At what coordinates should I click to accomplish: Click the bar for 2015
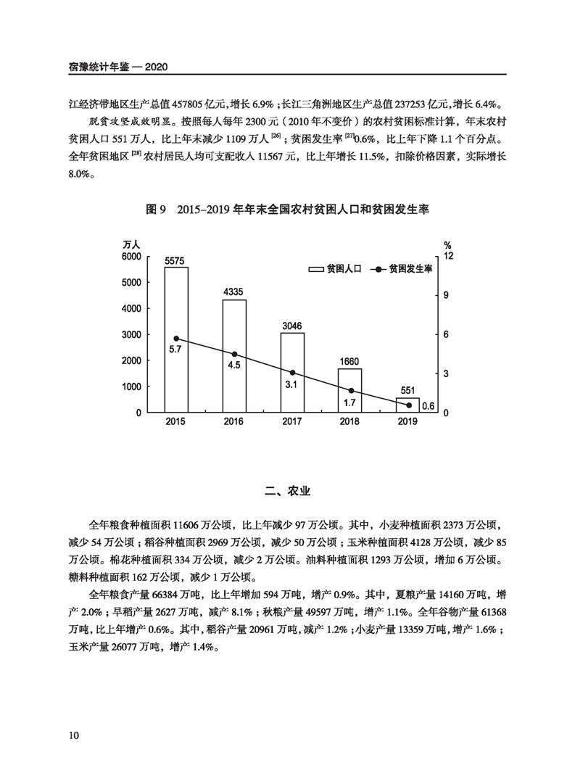(176, 339)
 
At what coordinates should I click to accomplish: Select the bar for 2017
(292, 373)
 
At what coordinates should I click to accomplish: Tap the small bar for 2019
(408, 405)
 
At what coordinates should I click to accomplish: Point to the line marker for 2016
(234, 355)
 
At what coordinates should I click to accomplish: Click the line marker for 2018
(350, 391)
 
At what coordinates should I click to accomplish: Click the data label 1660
(349, 361)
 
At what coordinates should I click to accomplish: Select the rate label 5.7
(175, 350)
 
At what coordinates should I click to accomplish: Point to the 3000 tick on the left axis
(131, 334)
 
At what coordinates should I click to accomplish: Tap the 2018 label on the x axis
(349, 422)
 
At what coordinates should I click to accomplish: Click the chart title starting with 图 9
(288, 210)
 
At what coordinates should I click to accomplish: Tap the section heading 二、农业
(288, 492)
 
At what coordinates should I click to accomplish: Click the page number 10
(73, 735)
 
